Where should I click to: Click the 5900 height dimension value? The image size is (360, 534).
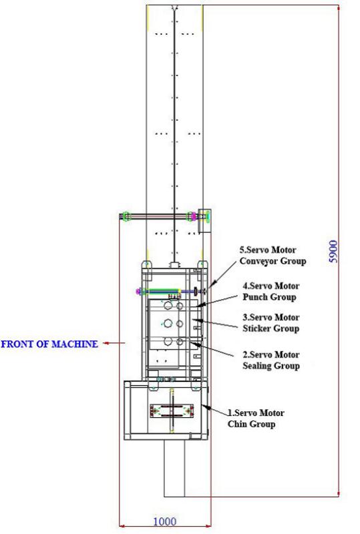[333, 252]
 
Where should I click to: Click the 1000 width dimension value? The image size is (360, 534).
[165, 521]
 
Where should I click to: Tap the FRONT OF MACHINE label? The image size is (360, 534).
[49, 344]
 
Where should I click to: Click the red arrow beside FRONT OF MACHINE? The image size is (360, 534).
[114, 343]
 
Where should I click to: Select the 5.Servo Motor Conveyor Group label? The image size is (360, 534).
[273, 256]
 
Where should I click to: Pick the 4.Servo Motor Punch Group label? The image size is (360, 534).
[271, 291]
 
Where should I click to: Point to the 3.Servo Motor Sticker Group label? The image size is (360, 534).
[271, 323]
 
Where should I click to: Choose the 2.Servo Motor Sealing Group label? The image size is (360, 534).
[271, 360]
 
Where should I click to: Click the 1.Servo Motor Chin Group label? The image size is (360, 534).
[256, 419]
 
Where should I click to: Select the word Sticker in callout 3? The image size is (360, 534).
[256, 328]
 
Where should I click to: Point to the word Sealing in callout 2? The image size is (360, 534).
[256, 366]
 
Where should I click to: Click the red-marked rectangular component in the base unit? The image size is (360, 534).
[172, 411]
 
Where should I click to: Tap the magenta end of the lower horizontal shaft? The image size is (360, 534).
[138, 291]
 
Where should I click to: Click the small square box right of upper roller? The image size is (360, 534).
[204, 221]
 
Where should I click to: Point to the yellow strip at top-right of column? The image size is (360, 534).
[202, 19]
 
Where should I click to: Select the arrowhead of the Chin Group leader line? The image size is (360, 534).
[204, 406]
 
